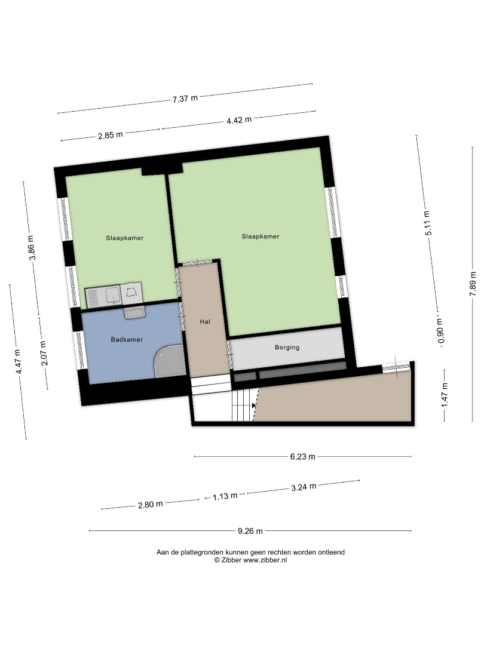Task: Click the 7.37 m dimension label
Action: (x=185, y=99)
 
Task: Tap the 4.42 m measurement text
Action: (x=238, y=120)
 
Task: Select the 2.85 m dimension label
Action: (x=111, y=135)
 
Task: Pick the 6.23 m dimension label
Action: (x=302, y=457)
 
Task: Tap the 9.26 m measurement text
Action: (x=250, y=531)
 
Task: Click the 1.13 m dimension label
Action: (x=225, y=496)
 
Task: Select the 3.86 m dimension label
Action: (x=32, y=248)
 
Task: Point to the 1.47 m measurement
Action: (x=445, y=395)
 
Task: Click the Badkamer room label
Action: (x=127, y=339)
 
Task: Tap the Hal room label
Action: (x=205, y=322)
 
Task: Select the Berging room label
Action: (x=287, y=348)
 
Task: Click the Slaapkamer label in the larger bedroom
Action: (x=261, y=236)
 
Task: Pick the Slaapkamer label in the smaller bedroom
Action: (x=125, y=238)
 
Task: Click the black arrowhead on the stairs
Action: (x=254, y=406)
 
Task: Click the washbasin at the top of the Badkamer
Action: (x=135, y=312)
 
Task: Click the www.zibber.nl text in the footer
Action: (x=265, y=560)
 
